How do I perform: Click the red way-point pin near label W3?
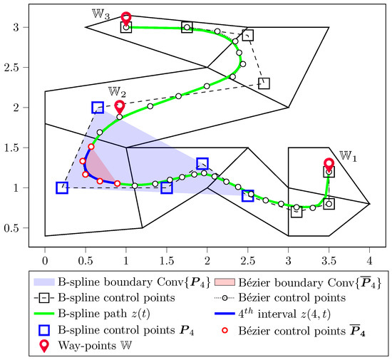[x=126, y=17]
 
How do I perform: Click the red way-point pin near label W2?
[x=120, y=106]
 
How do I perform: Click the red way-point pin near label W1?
[x=329, y=163]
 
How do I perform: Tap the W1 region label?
[x=347, y=155]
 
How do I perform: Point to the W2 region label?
[x=117, y=91]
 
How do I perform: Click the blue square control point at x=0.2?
[x=61, y=188]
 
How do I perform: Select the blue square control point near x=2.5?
[x=248, y=195]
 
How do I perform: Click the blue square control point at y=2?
[x=98, y=108]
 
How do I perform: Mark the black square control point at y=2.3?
[x=264, y=83]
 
